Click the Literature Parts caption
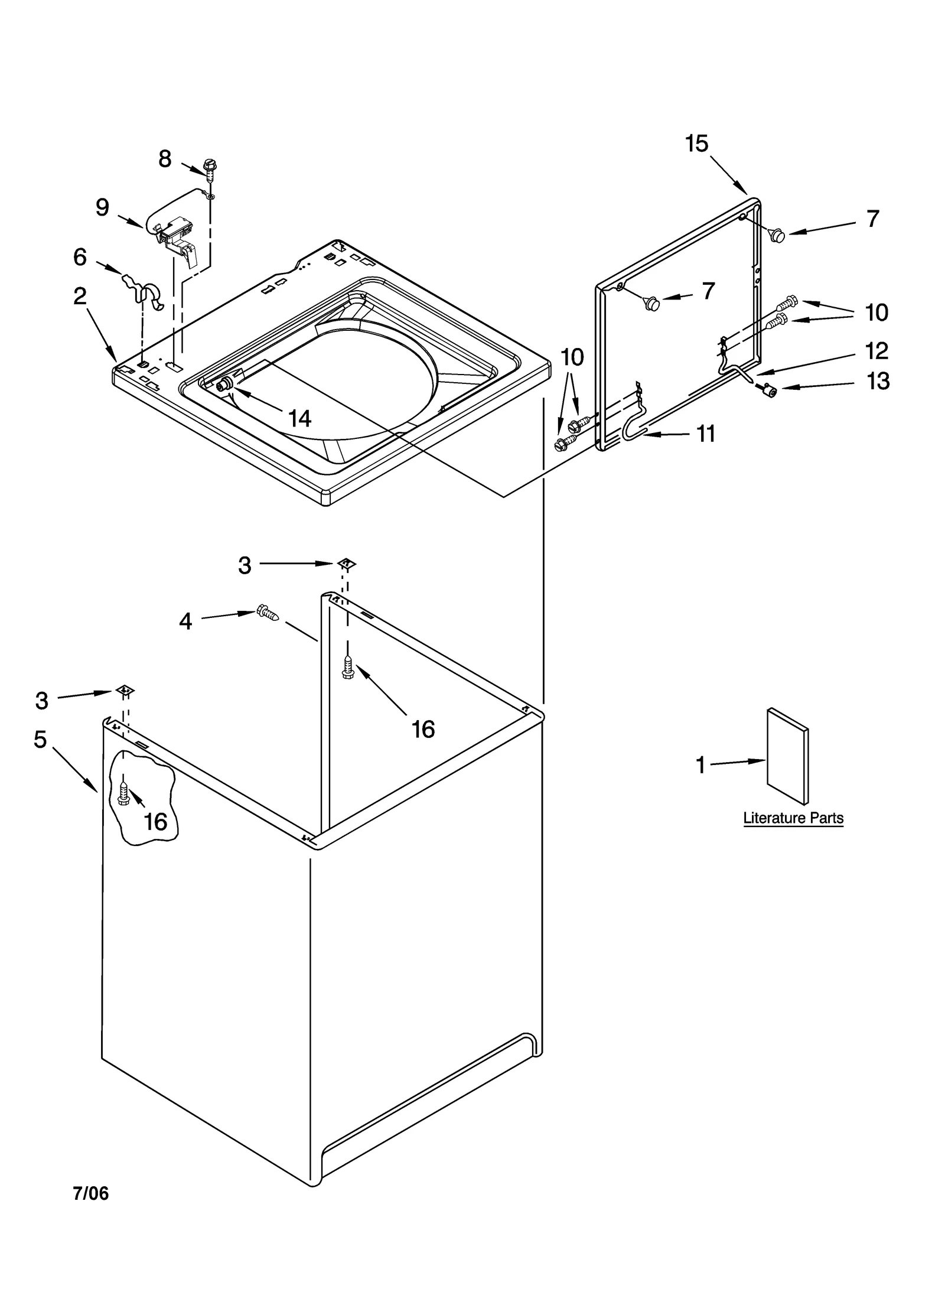point(793,818)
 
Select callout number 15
point(696,144)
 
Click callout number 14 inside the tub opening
point(299,418)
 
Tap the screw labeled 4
point(267,613)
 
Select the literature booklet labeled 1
point(787,756)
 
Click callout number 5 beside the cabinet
point(40,739)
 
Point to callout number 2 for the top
point(80,296)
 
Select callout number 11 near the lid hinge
point(706,434)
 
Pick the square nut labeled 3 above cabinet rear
point(347,563)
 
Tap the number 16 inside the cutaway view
point(155,822)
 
